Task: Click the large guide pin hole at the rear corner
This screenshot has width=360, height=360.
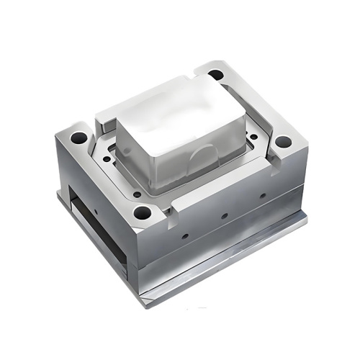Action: click(x=216, y=74)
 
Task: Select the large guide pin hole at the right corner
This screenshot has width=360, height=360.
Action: click(x=284, y=142)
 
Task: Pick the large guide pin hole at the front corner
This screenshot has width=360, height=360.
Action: click(x=143, y=212)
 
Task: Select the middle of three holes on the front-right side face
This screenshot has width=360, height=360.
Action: click(x=225, y=215)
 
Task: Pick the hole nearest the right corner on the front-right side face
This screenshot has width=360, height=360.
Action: click(x=264, y=195)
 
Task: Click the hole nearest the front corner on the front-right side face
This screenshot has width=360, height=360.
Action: click(x=185, y=235)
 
